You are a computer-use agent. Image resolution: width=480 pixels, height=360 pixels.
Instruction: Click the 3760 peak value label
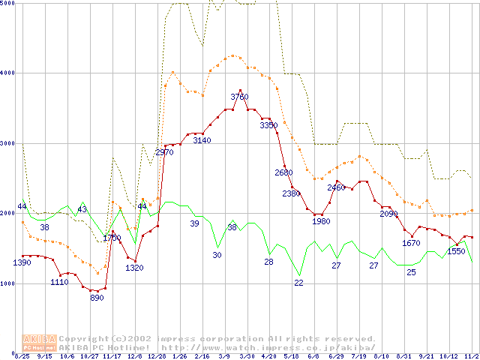click(239, 97)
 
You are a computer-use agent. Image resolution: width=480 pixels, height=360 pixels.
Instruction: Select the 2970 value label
click(164, 153)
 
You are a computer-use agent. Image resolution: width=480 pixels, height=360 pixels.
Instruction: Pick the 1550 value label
click(456, 251)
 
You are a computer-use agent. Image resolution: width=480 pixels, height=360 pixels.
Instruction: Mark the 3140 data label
click(202, 141)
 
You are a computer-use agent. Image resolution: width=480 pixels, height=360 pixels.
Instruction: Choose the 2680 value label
click(283, 173)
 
